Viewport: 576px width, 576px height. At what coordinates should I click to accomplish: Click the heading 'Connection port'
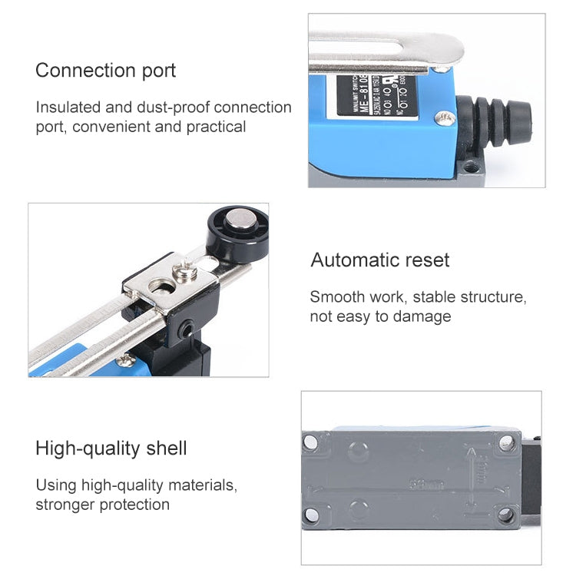(x=105, y=71)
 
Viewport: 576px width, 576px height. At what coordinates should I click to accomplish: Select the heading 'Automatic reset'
(x=380, y=260)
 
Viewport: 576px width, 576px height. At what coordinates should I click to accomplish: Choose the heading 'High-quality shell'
(x=111, y=448)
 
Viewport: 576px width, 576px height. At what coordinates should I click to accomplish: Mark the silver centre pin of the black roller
(x=240, y=226)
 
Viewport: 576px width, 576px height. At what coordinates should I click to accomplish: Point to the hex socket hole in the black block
(x=188, y=329)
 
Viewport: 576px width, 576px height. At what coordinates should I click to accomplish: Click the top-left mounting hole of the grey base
(x=311, y=442)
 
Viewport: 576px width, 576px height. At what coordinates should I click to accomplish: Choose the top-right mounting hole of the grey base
(x=505, y=442)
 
